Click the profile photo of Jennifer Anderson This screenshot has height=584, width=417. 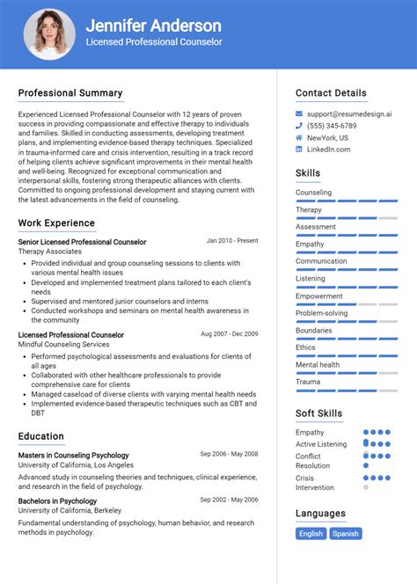click(48, 34)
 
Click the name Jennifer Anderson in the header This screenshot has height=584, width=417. click(153, 26)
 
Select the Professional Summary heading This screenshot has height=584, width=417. click(70, 93)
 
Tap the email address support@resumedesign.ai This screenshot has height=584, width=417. click(349, 114)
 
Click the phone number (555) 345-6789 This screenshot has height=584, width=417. click(332, 126)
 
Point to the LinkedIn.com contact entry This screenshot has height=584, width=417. click(328, 150)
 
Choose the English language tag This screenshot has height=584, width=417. click(311, 533)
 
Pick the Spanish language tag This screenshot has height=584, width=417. click(346, 533)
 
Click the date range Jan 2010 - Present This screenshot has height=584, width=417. click(232, 240)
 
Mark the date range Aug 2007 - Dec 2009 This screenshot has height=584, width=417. click(229, 334)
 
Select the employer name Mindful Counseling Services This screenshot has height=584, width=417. click(64, 345)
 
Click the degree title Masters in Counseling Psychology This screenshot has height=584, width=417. click(73, 455)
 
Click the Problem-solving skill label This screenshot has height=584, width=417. click(321, 313)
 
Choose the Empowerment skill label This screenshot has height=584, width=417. click(318, 296)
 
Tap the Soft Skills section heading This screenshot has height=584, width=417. click(318, 413)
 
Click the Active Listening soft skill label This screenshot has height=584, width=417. click(321, 444)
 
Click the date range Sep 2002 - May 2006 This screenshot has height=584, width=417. click(229, 500)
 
